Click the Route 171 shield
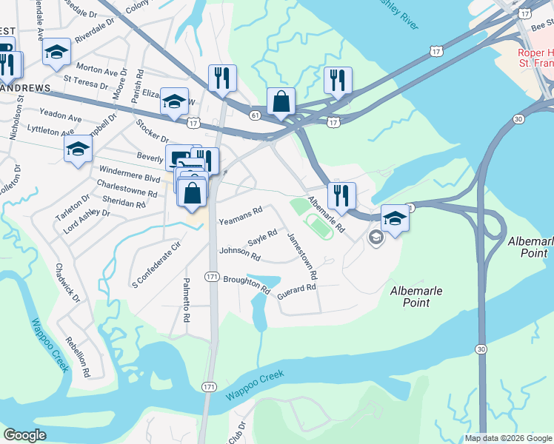(x=212, y=276)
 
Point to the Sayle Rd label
(x=262, y=238)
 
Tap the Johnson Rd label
(x=240, y=254)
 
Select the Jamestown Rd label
(x=302, y=255)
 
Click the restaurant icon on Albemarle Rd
(x=341, y=195)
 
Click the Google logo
(x=25, y=435)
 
